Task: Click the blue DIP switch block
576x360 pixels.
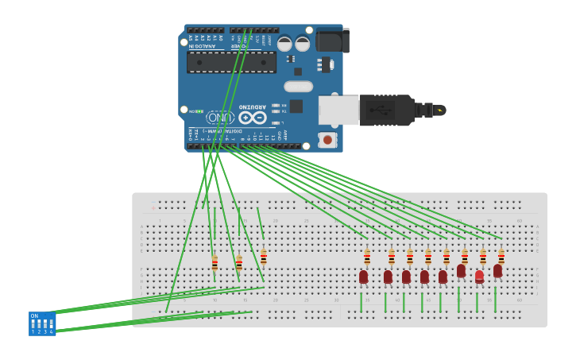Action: pyautogui.click(x=42, y=323)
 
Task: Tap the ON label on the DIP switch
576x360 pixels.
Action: pyautogui.click(x=34, y=316)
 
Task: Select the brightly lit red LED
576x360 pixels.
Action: pyautogui.click(x=479, y=277)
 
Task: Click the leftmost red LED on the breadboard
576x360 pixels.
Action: pyautogui.click(x=363, y=277)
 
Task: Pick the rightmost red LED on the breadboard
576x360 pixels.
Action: pyautogui.click(x=497, y=271)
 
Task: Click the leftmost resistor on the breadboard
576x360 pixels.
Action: pyautogui.click(x=215, y=263)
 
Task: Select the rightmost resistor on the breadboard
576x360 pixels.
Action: pyautogui.click(x=501, y=257)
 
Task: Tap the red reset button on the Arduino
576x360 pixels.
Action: pyautogui.click(x=327, y=140)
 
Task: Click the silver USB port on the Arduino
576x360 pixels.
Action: pyautogui.click(x=338, y=110)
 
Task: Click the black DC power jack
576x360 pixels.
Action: pyautogui.click(x=332, y=41)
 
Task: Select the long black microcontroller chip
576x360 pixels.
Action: pyautogui.click(x=231, y=62)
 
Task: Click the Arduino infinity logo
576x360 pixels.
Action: pyautogui.click(x=252, y=118)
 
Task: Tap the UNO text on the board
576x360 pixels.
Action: pyautogui.click(x=220, y=118)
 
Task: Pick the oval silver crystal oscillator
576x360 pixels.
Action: pyautogui.click(x=298, y=86)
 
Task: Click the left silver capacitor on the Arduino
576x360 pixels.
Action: pyautogui.click(x=284, y=44)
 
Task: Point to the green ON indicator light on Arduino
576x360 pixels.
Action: pyautogui.click(x=199, y=111)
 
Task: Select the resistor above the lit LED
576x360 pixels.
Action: pyautogui.click(x=482, y=257)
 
